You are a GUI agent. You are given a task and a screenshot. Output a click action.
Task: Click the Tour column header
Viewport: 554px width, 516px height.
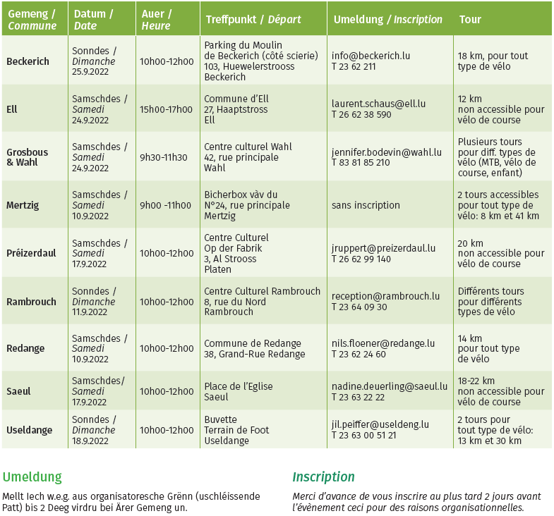pyautogui.click(x=470, y=19)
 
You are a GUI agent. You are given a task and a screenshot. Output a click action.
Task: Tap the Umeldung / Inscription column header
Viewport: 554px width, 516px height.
pyautogui.click(x=387, y=19)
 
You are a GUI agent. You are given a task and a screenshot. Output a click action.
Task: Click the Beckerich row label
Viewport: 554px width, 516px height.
pyautogui.click(x=28, y=61)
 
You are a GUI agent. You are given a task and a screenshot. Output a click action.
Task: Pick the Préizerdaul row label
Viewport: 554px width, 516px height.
pyautogui.click(x=31, y=253)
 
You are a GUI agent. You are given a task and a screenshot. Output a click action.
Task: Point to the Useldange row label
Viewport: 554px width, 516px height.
pyautogui.click(x=29, y=430)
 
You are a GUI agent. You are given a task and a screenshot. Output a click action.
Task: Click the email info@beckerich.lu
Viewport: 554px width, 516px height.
pyautogui.click(x=371, y=56)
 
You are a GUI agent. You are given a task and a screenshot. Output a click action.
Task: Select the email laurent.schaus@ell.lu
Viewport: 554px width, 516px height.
pyautogui.click(x=378, y=104)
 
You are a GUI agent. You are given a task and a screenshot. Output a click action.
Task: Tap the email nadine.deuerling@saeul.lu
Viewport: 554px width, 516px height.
pyautogui.click(x=390, y=386)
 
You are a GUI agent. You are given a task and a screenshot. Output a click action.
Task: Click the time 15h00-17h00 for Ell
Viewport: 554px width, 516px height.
pyautogui.click(x=167, y=109)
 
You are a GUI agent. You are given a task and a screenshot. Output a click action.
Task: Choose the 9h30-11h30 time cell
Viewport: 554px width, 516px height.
pyautogui.click(x=164, y=157)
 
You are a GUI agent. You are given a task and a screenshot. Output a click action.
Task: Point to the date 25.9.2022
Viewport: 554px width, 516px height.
pyautogui.click(x=90, y=72)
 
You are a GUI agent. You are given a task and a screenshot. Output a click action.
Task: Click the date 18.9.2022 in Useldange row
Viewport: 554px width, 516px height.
pyautogui.click(x=90, y=441)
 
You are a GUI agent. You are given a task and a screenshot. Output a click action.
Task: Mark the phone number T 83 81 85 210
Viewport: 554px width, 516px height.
pyautogui.click(x=361, y=163)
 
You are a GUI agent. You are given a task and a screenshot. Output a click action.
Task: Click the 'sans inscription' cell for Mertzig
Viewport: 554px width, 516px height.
pyautogui.click(x=366, y=205)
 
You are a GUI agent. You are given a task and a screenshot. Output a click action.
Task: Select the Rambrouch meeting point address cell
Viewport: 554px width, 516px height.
pyautogui.click(x=262, y=302)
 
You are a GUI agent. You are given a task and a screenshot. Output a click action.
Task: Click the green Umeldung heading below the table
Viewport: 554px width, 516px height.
pyautogui.click(x=32, y=477)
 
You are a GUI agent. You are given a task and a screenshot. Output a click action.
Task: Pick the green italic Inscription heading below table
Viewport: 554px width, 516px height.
pyautogui.click(x=323, y=477)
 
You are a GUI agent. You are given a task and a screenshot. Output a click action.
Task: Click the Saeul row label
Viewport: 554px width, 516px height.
pyautogui.click(x=18, y=391)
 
